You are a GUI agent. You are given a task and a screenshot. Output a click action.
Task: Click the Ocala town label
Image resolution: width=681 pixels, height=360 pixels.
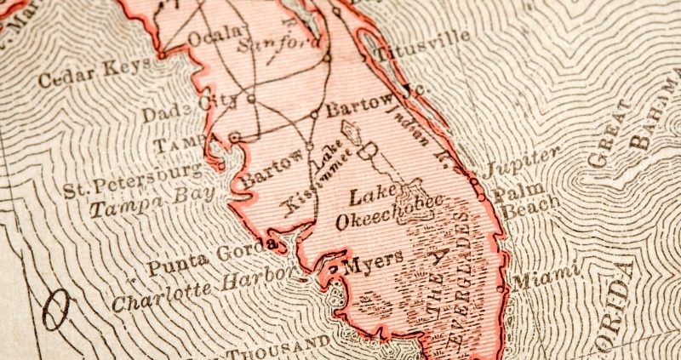[207, 39]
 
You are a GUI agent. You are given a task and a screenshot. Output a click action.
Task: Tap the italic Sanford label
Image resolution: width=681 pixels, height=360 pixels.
[271, 43]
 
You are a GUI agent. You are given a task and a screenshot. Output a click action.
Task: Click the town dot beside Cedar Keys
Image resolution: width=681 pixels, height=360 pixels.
[160, 56]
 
